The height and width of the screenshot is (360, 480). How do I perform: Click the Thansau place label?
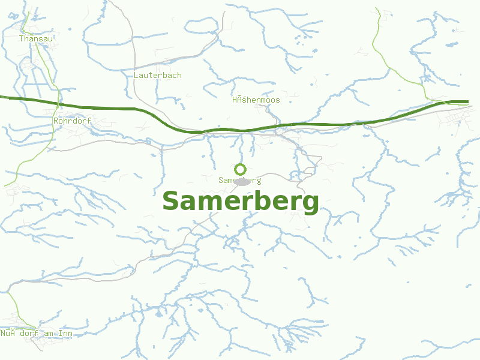pos(36,38)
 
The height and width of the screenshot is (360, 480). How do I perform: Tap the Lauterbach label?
pos(158,76)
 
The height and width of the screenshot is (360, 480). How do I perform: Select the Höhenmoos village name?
pos(256,100)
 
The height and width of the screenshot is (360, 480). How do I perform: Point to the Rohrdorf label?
pos(72,121)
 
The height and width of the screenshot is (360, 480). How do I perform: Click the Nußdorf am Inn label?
pos(37,333)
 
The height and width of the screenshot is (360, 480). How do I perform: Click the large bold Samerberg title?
pos(241,202)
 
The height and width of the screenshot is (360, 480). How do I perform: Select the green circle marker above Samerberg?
pos(241,169)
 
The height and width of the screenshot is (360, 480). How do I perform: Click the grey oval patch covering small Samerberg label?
pos(242,181)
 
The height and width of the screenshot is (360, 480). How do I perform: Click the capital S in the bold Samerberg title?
pos(172,202)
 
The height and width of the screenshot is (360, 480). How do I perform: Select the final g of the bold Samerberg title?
pos(310,203)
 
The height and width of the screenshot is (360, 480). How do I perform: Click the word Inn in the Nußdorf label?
pos(65,333)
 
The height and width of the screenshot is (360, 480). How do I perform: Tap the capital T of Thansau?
pos(21,38)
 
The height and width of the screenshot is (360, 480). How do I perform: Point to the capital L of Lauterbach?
pos(137,76)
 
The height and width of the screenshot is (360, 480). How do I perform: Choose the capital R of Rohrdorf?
pos(56,121)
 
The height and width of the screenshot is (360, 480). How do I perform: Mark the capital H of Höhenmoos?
pos(235,100)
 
